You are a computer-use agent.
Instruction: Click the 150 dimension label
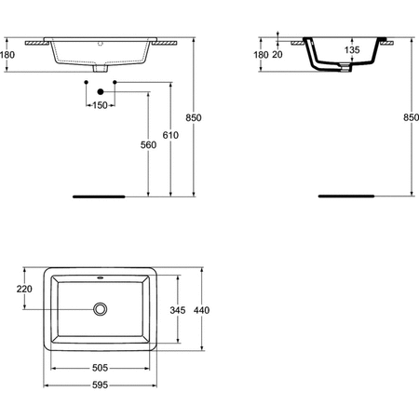100,105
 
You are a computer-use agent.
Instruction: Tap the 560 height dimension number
148,144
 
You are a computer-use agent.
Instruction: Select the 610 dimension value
170,135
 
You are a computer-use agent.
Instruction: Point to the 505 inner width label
100,368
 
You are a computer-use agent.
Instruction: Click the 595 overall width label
100,385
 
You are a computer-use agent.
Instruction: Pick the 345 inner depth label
178,310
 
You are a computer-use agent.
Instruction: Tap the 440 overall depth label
201,310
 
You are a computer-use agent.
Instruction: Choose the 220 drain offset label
24,289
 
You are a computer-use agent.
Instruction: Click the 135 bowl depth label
352,49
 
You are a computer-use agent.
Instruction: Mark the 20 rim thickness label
277,55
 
